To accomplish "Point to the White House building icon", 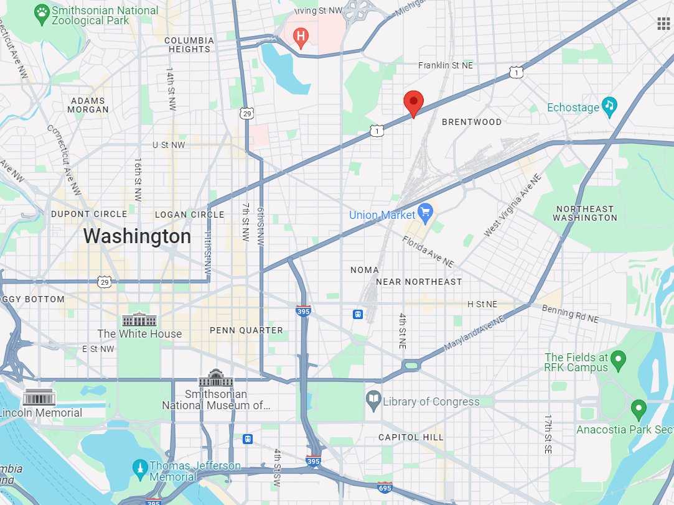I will point(136,320).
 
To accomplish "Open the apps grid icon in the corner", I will point(663,24).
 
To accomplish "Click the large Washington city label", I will point(137,236).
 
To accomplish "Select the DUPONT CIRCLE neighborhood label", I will point(89,214).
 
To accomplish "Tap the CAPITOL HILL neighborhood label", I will point(411,437).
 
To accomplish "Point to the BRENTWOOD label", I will point(471,122).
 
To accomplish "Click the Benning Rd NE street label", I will point(569,313).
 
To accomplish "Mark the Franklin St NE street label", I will point(446,65).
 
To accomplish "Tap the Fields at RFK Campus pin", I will point(617,358).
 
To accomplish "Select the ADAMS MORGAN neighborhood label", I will point(90,104).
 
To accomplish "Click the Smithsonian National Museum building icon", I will point(216,378).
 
